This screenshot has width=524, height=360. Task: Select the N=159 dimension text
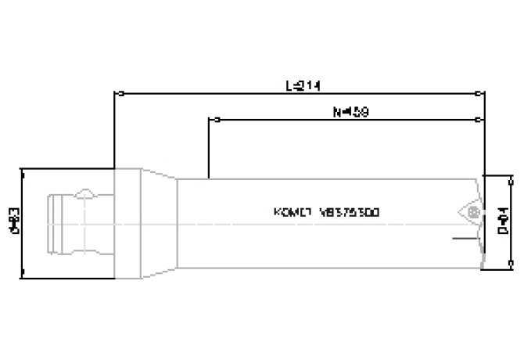(350, 112)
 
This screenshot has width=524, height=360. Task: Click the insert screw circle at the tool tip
(470, 212)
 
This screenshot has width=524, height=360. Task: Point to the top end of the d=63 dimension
(24, 169)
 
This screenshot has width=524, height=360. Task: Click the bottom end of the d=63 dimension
(24, 275)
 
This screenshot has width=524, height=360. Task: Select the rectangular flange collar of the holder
(127, 223)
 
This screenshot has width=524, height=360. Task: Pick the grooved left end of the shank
(54, 223)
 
